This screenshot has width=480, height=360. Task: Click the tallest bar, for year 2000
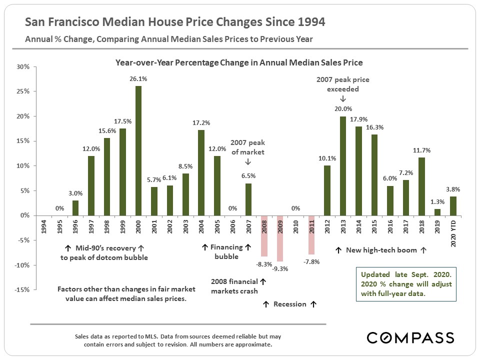[138, 150]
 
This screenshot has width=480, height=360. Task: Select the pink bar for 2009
[280, 238]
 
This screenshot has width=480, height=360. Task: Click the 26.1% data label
[138, 79]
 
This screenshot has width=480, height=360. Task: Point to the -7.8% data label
[311, 261]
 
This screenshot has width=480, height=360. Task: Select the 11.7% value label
[420, 150]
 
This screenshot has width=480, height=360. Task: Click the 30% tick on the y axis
[23, 66]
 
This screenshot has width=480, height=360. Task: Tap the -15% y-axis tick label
[22, 289]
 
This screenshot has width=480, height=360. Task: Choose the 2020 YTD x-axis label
[452, 229]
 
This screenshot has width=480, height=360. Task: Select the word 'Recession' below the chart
[290, 303]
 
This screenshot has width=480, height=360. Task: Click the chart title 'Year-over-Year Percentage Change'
[239, 63]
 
